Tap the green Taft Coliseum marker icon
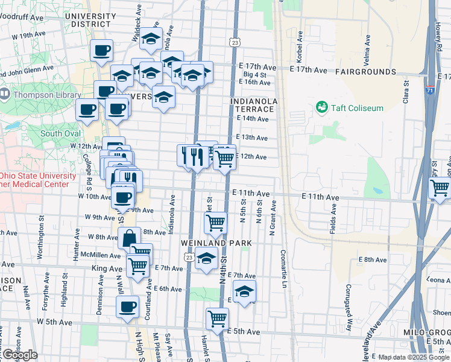coord(321,107)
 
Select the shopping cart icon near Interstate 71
coord(440,188)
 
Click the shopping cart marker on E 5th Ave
coord(217,318)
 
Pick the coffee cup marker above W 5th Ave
coord(127,306)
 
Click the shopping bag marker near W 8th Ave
coord(129,238)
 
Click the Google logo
coord(19,355)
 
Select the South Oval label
coord(60,133)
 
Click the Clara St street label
coord(406,92)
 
